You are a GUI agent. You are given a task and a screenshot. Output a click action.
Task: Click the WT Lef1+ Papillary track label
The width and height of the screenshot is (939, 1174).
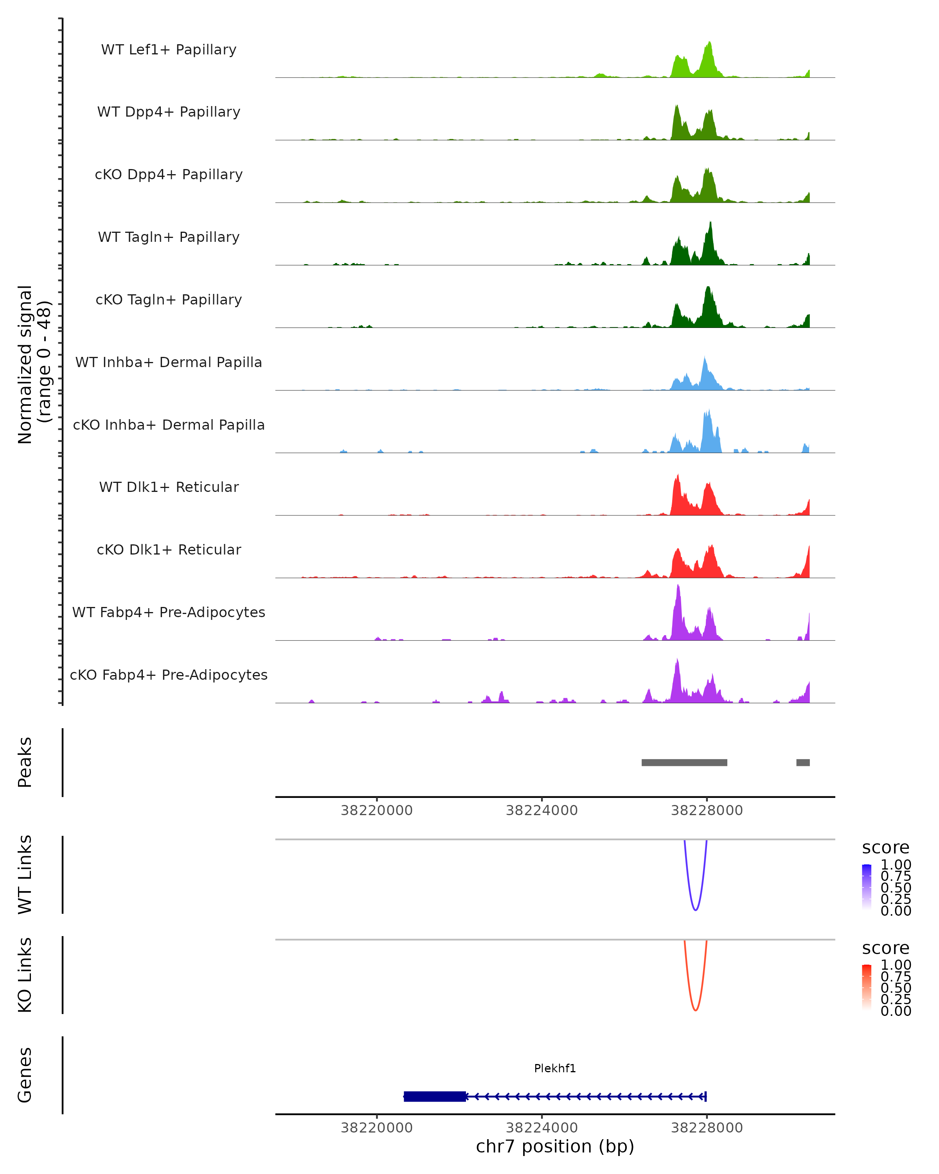click(169, 50)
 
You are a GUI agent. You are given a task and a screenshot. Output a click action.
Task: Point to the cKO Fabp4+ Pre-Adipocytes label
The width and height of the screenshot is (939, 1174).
click(169, 675)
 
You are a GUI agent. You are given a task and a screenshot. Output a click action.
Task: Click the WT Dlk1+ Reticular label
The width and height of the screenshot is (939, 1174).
click(169, 487)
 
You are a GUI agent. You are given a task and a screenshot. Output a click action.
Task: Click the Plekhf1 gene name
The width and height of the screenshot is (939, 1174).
click(555, 1068)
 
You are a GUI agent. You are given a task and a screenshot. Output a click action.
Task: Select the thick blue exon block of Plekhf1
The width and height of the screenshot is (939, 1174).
click(434, 1096)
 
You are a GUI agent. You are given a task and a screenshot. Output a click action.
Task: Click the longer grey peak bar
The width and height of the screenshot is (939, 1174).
click(684, 762)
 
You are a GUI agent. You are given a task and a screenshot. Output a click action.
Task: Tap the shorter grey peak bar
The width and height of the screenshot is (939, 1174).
click(803, 762)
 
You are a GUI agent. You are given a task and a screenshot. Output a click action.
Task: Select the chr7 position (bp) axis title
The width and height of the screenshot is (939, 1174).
click(555, 1146)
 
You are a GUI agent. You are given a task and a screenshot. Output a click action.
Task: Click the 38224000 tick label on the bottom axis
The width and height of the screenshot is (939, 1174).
click(541, 1128)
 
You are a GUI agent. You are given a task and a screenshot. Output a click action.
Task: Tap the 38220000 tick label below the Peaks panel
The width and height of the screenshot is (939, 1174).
click(377, 810)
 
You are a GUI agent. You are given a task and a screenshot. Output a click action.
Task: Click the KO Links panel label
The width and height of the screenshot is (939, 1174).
click(25, 975)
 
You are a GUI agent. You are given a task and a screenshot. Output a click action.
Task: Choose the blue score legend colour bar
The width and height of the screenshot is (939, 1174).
click(867, 887)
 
